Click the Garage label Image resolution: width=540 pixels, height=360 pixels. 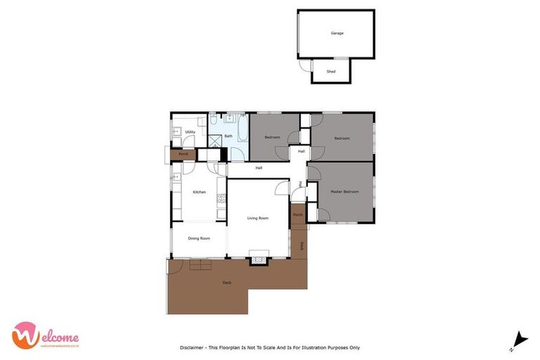click(337, 33)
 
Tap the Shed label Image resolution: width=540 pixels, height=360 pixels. click(331, 72)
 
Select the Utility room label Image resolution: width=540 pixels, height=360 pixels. click(190, 131)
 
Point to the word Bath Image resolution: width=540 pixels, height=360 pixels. click(229, 136)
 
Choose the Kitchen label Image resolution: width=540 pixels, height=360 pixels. click(199, 192)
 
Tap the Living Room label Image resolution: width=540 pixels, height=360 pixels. click(258, 218)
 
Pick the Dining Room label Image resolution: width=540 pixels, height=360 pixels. click(199, 238)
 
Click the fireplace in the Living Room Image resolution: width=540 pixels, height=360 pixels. click(260, 258)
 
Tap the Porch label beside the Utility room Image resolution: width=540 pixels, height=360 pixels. click(183, 153)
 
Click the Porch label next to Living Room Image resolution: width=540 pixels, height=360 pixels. click(298, 214)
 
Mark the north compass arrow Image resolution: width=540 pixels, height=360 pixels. click(520, 339)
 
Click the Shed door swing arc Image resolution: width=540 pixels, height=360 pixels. click(306, 65)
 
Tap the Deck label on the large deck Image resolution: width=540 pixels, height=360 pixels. click(226, 283)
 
